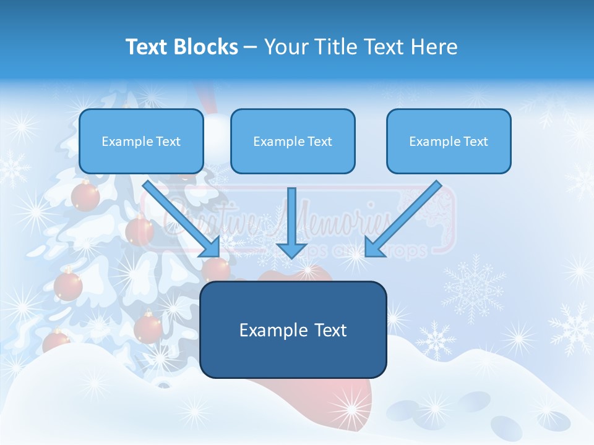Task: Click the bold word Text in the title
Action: tap(147, 47)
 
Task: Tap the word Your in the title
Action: tap(286, 47)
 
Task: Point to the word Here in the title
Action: tap(436, 47)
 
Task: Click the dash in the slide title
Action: tap(251, 48)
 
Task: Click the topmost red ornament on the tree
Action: tap(85, 197)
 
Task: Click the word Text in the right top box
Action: tap(475, 142)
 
